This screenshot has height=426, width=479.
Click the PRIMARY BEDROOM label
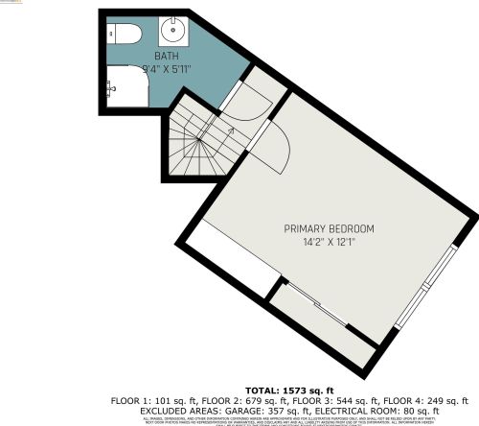pos(329,228)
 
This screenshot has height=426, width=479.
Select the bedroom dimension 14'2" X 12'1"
pos(329,241)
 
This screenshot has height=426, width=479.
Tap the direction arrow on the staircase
pos(230,129)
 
